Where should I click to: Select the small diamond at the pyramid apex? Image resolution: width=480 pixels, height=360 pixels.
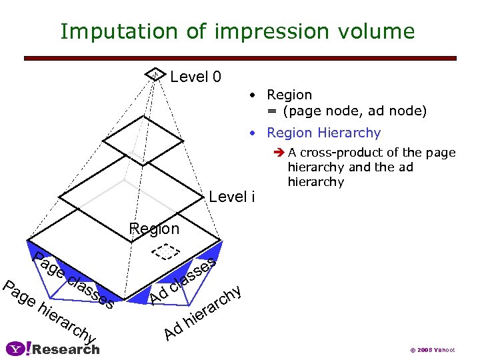(x=155, y=74)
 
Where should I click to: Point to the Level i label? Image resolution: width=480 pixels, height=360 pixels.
(x=232, y=197)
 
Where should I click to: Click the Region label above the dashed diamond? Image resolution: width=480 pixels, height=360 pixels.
(x=154, y=229)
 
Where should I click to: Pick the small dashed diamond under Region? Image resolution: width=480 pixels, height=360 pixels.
(x=165, y=251)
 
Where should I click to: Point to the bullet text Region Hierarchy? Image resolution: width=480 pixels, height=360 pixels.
(x=323, y=133)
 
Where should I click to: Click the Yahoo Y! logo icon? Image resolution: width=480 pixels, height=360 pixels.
(x=18, y=348)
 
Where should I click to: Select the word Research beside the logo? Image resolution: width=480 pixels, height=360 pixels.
(x=66, y=349)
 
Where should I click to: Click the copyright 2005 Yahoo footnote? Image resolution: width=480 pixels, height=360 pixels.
(x=433, y=350)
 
